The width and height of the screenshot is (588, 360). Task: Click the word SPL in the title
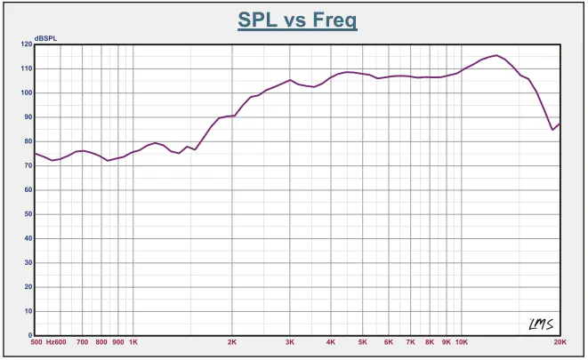(258, 20)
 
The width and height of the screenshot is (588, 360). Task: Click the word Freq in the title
(334, 20)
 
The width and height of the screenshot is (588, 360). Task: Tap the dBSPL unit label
(45, 38)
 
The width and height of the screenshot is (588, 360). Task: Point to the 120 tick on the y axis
(26, 44)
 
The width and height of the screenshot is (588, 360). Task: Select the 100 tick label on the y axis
(26, 92)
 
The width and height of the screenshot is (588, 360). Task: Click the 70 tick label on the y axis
(28, 165)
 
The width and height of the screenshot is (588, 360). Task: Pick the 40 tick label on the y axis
(28, 238)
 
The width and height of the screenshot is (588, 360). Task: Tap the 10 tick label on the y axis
(28, 311)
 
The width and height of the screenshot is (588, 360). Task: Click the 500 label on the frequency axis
(36, 341)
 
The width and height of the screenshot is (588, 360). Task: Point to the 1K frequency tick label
(133, 341)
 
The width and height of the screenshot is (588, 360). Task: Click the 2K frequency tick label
(232, 341)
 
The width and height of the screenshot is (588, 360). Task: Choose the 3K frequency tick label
(290, 341)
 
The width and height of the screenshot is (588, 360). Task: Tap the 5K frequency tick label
(363, 341)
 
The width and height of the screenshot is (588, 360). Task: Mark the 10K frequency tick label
(462, 341)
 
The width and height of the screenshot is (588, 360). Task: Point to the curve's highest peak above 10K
(496, 55)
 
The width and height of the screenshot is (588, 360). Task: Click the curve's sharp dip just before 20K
(552, 130)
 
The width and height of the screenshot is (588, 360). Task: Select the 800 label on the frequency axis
(101, 341)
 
